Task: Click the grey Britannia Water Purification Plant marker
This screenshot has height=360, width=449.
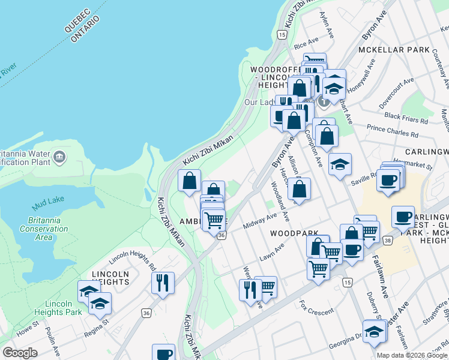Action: [59, 158]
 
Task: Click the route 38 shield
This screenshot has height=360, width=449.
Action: [388, 239]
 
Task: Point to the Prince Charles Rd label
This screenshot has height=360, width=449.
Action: [393, 131]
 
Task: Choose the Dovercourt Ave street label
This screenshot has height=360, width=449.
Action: [396, 93]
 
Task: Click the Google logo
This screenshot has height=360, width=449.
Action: [20, 353]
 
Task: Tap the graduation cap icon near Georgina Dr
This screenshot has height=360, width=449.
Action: [375, 331]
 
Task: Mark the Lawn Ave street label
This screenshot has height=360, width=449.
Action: [271, 253]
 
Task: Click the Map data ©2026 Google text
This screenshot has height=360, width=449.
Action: [412, 355]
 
